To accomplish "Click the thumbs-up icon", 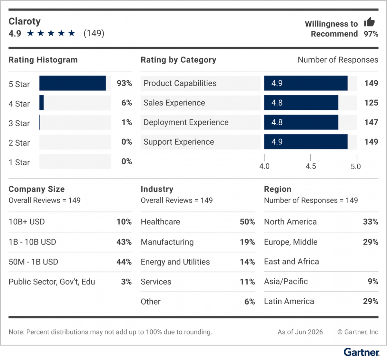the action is pos(369,22).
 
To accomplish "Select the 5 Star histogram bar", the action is pos(73,83).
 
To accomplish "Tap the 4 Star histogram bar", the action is pos(42,103).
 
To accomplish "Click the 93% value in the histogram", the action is pos(124,83).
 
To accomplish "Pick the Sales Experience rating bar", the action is pos(301,103).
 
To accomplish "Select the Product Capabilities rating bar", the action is pos(306,83).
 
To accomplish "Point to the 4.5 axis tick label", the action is pos(311,166).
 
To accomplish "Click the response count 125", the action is pos(371,103).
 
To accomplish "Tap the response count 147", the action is pos(371,122).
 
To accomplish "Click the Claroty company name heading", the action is pos(25,21).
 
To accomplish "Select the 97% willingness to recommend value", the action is pos(371,34).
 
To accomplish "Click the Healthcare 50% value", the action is pos(247,222).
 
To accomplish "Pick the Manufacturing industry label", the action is pos(167,242).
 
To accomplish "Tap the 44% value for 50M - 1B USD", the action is pos(124,262).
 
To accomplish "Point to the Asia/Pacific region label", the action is pos(286,282).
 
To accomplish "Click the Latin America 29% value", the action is pos(371,302).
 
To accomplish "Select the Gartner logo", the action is pos(362,352).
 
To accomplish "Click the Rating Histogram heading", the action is pos(43,60).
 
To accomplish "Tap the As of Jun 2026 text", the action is pos(300,332).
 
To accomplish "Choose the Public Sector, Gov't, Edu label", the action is pos(52,282).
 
